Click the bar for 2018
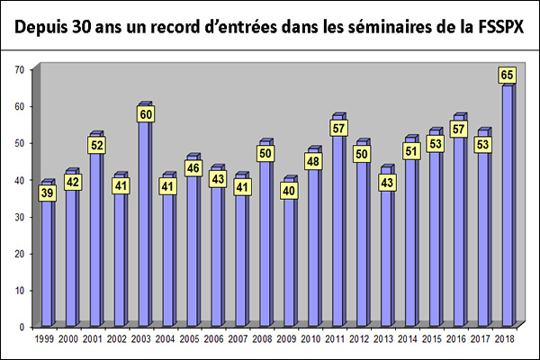click(508, 207)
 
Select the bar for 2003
click(145, 225)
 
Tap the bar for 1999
click(48, 261)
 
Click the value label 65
click(508, 76)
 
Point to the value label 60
click(145, 114)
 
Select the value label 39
click(48, 193)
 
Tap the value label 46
click(193, 167)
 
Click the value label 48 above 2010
click(314, 161)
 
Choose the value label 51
click(411, 150)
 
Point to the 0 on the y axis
click(22, 328)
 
